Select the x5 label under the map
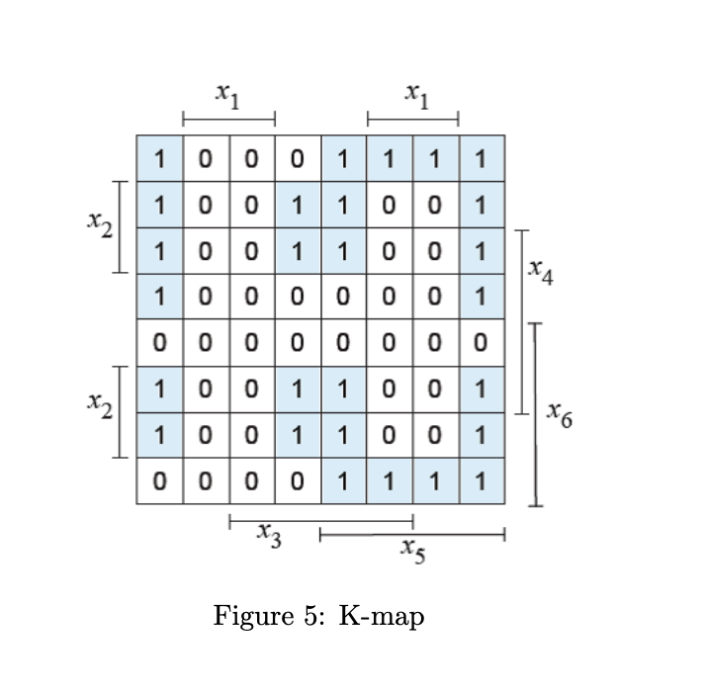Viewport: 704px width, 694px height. tap(413, 551)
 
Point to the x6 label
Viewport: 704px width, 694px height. tap(560, 415)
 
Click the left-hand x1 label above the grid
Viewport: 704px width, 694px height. tap(228, 96)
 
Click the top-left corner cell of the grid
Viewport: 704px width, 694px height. tap(159, 158)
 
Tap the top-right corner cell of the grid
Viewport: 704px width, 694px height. tap(482, 158)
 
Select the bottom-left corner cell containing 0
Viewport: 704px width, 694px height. tap(159, 481)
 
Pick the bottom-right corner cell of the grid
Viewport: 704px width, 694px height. tap(482, 481)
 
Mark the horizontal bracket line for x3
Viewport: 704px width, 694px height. tap(320, 520)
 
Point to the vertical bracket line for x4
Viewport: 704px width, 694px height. tap(521, 321)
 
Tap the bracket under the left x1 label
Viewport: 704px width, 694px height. tap(228, 120)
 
